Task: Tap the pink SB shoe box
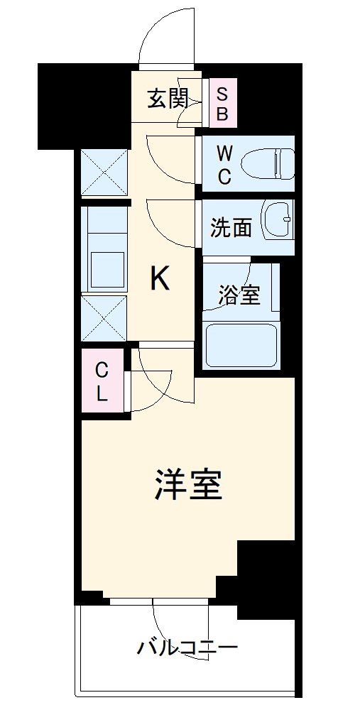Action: click(x=222, y=104)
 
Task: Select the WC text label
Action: click(x=224, y=164)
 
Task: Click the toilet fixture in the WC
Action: click(x=268, y=163)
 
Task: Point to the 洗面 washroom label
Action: click(x=231, y=228)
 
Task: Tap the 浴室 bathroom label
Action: click(x=239, y=295)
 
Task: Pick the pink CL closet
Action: click(x=102, y=381)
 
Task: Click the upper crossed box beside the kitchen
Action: click(x=104, y=173)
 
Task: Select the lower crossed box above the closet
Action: click(x=104, y=319)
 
